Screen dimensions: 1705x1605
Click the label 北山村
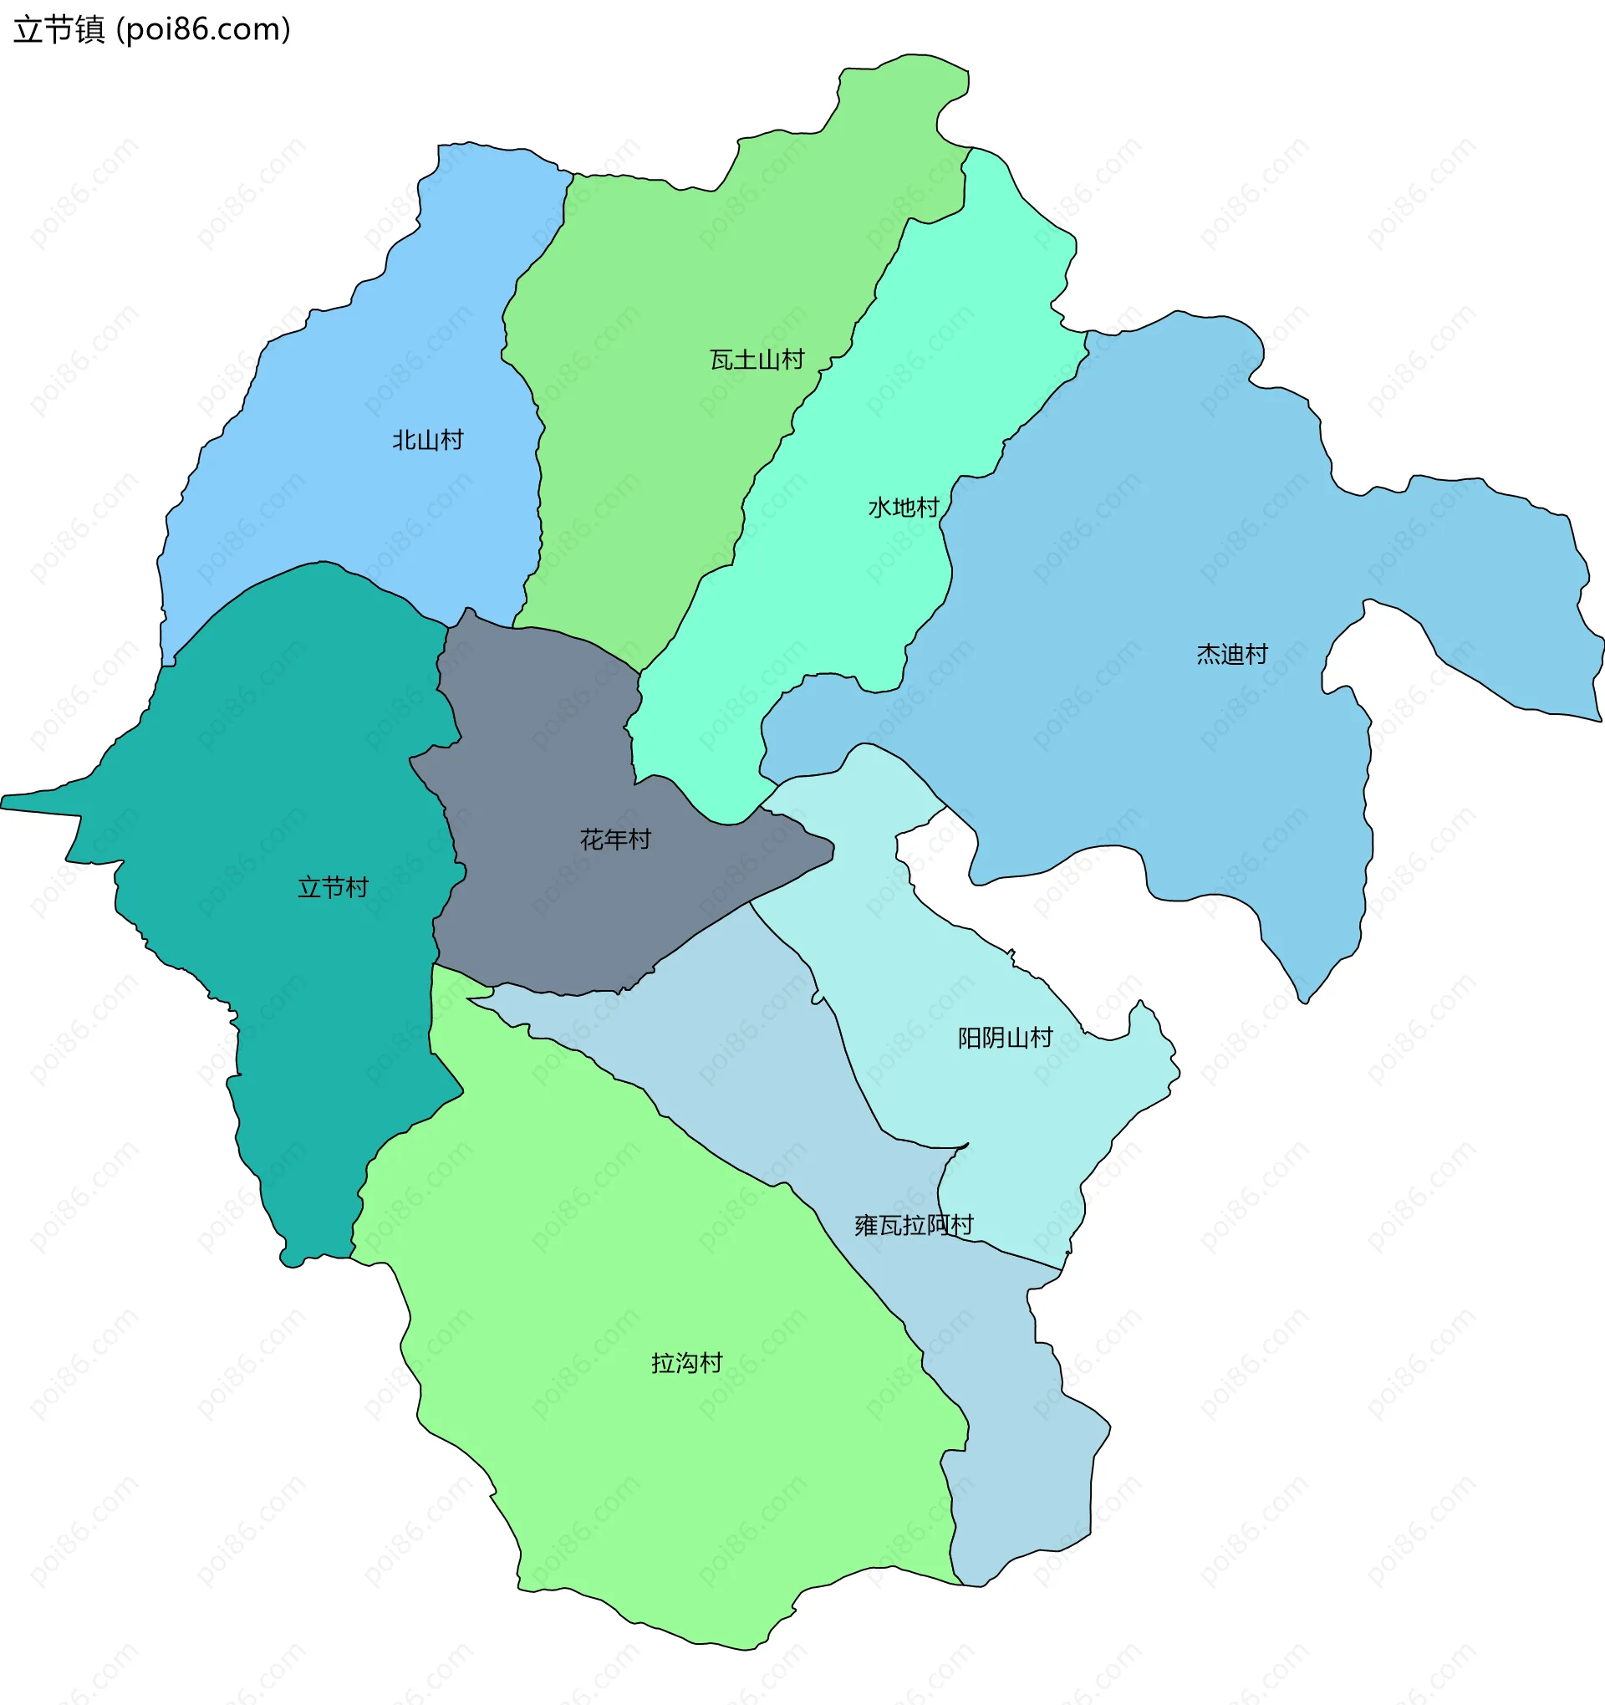coord(428,440)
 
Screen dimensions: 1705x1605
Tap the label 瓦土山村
coord(757,360)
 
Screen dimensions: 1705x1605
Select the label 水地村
coord(904,508)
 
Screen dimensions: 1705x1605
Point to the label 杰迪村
coord(1232,655)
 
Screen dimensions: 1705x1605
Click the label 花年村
coord(615,839)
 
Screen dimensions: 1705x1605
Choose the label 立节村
coord(333,887)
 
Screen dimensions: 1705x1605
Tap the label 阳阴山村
coord(1005,1038)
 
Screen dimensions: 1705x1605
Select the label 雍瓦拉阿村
coord(914,1225)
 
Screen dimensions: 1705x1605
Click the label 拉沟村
coord(687,1363)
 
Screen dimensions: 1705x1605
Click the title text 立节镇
coord(59,30)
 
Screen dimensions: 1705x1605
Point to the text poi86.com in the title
coord(203,30)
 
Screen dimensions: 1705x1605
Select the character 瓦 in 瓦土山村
coord(722,360)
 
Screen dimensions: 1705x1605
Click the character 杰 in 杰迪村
coord(1208,655)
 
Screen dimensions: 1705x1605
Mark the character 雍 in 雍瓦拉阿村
coord(867,1225)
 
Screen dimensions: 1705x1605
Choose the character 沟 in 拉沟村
coord(687,1363)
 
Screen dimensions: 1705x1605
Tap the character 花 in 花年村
coord(592,839)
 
